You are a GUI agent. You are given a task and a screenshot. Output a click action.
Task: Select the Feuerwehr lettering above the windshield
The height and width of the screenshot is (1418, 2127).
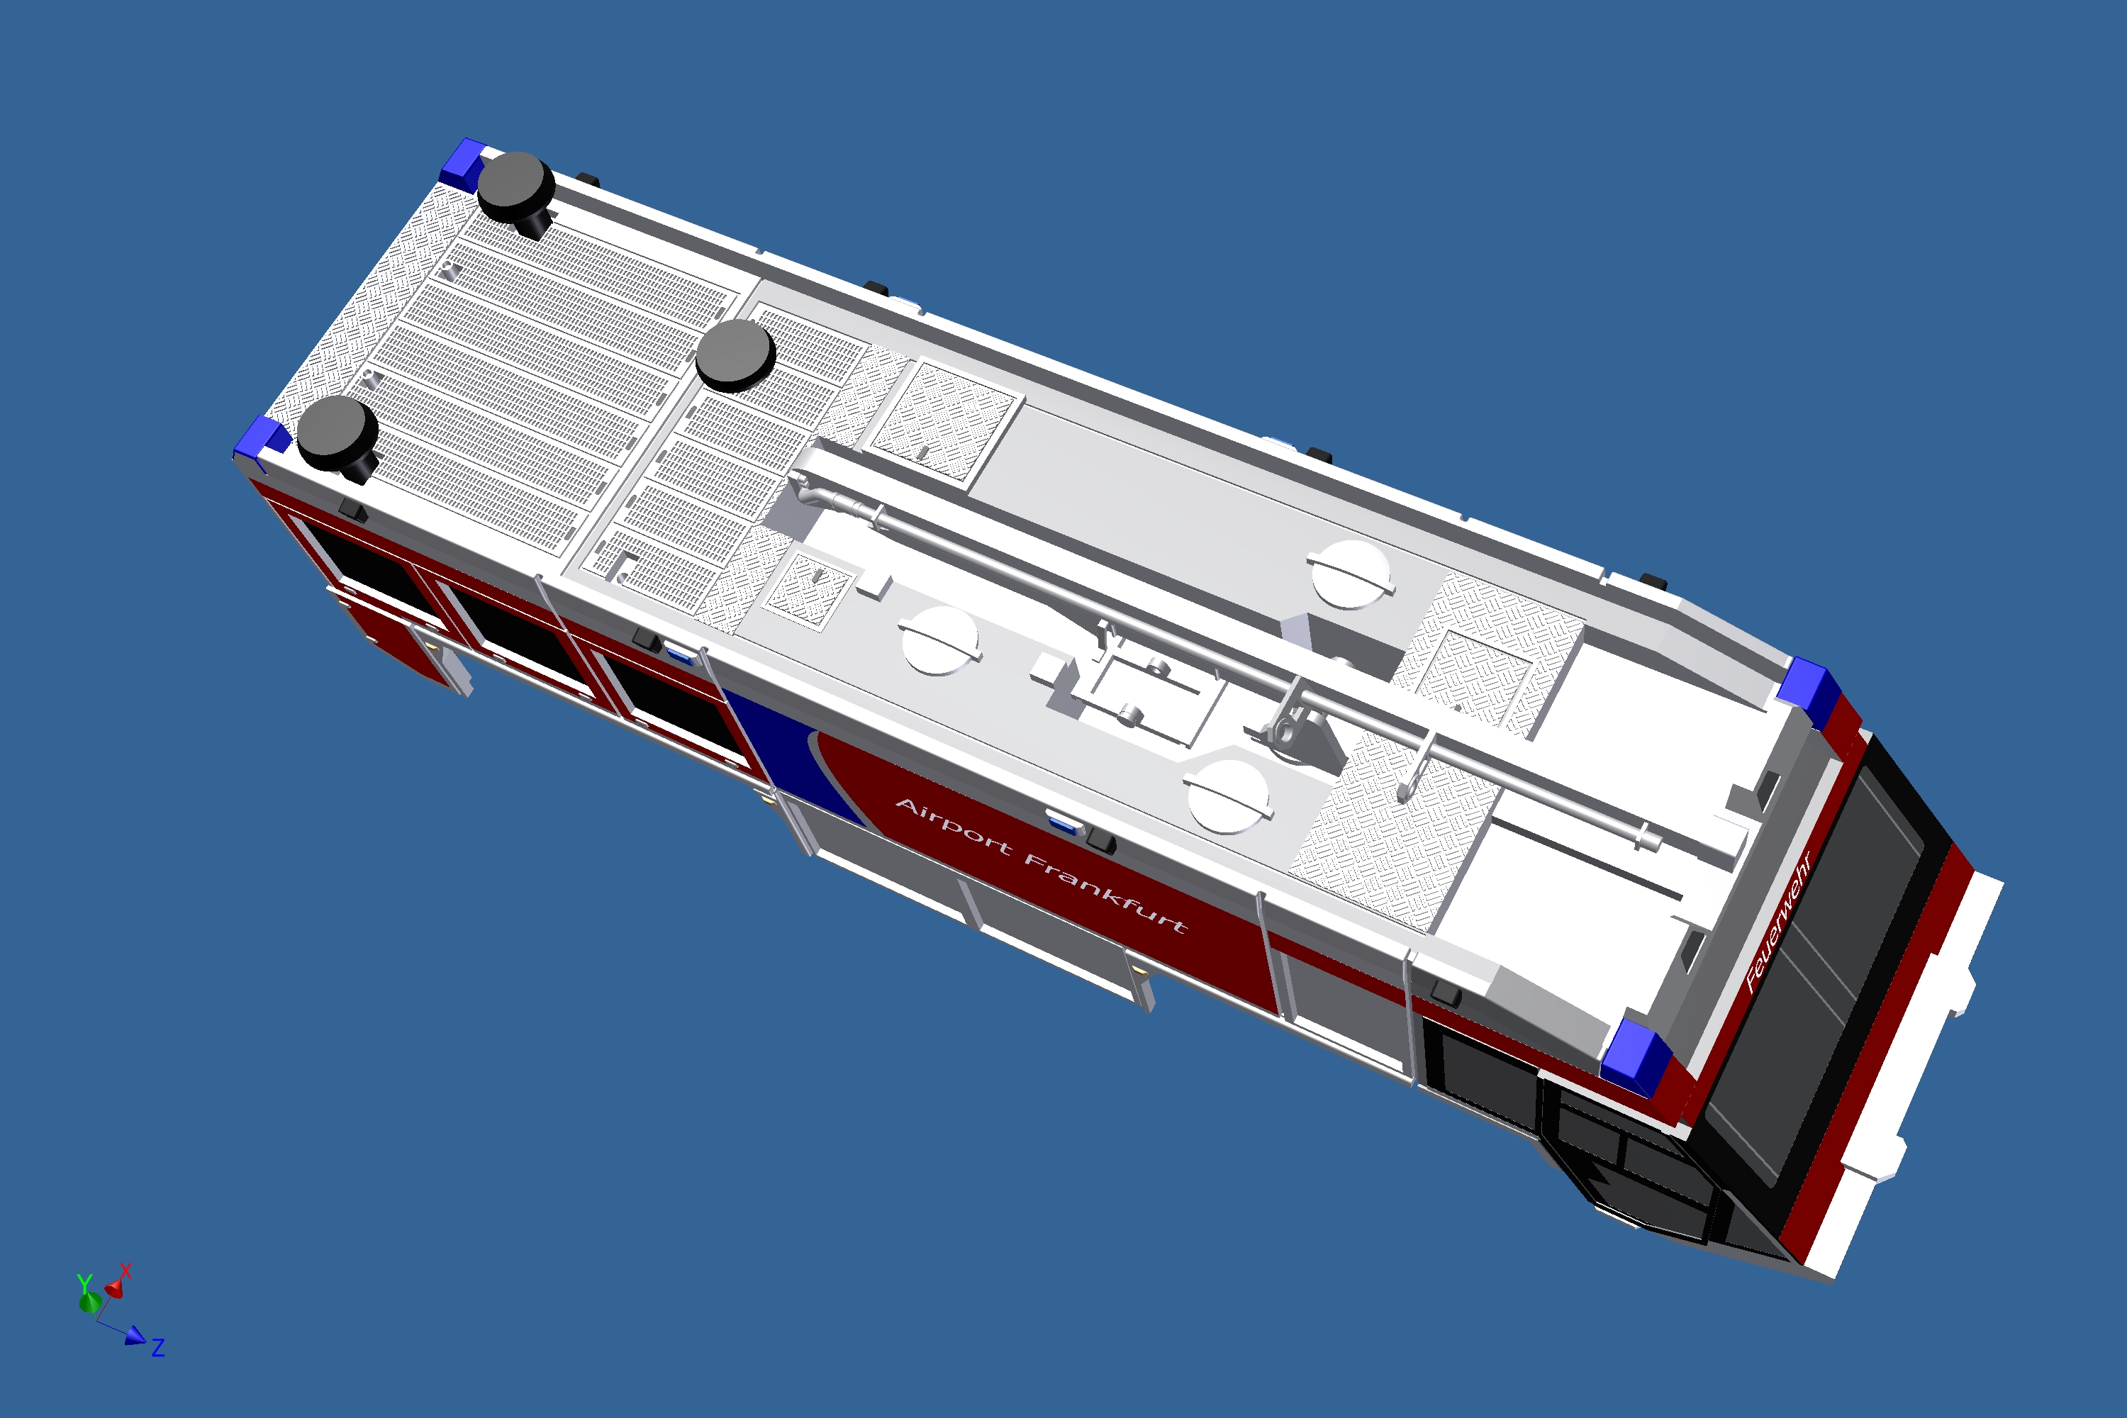pyautogui.click(x=1778, y=922)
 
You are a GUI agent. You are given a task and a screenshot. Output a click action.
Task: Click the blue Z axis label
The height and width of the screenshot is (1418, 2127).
pyautogui.click(x=158, y=1348)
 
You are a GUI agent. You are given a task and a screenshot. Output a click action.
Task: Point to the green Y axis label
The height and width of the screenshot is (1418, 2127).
pyautogui.click(x=84, y=1284)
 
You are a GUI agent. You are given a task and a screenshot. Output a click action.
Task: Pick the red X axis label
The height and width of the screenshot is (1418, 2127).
pyautogui.click(x=125, y=1271)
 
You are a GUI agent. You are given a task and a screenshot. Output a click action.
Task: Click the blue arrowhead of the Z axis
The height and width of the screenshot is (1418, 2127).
pyautogui.click(x=135, y=1336)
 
